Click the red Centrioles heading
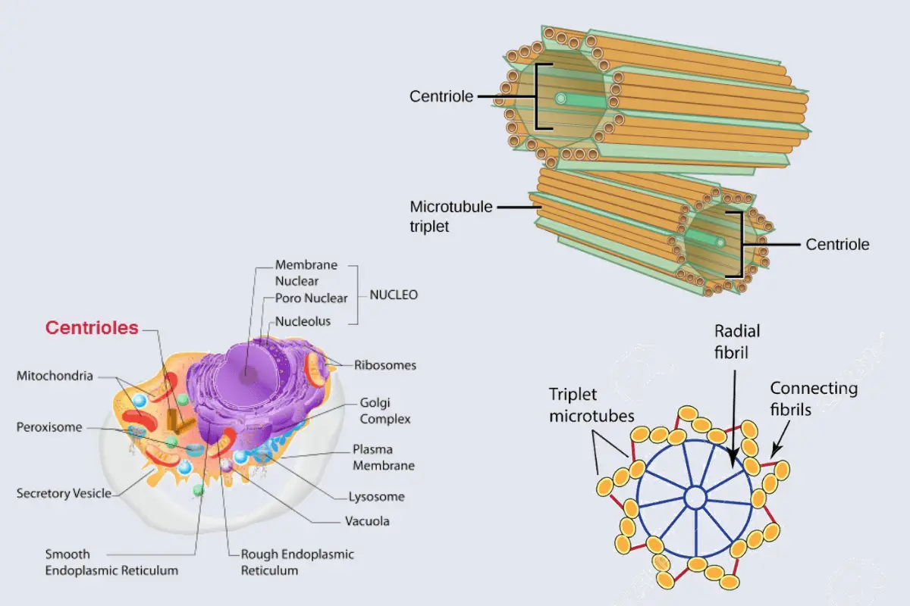(x=92, y=327)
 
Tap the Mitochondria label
(x=55, y=376)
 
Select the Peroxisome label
(x=49, y=427)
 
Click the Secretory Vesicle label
(x=64, y=494)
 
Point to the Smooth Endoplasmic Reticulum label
(x=111, y=562)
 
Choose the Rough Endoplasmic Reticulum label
(x=297, y=562)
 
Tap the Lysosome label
(x=376, y=497)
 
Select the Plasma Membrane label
(x=383, y=457)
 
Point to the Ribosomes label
(x=385, y=365)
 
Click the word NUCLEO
(x=393, y=295)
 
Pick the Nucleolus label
(x=303, y=321)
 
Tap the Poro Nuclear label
(x=311, y=298)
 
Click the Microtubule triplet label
(x=441, y=216)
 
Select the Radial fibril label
(x=736, y=341)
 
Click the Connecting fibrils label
(x=814, y=398)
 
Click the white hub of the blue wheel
(x=695, y=498)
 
